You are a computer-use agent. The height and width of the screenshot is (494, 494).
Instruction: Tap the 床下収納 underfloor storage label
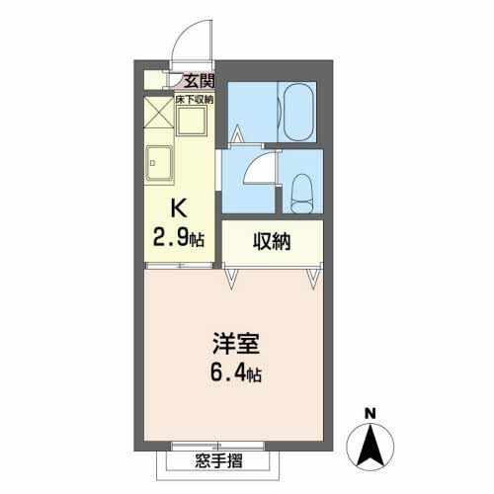pyautogui.click(x=196, y=99)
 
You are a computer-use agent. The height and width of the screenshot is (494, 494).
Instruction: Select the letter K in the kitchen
pyautogui.click(x=179, y=208)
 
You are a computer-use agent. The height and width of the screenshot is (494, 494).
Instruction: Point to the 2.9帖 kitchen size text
pyautogui.click(x=179, y=237)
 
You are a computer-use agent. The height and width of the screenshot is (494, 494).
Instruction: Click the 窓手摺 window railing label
pyautogui.click(x=219, y=461)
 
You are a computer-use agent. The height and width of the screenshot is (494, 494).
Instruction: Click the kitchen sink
pyautogui.click(x=159, y=160)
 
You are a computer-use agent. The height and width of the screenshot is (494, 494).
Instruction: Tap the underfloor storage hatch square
pyautogui.click(x=193, y=122)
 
